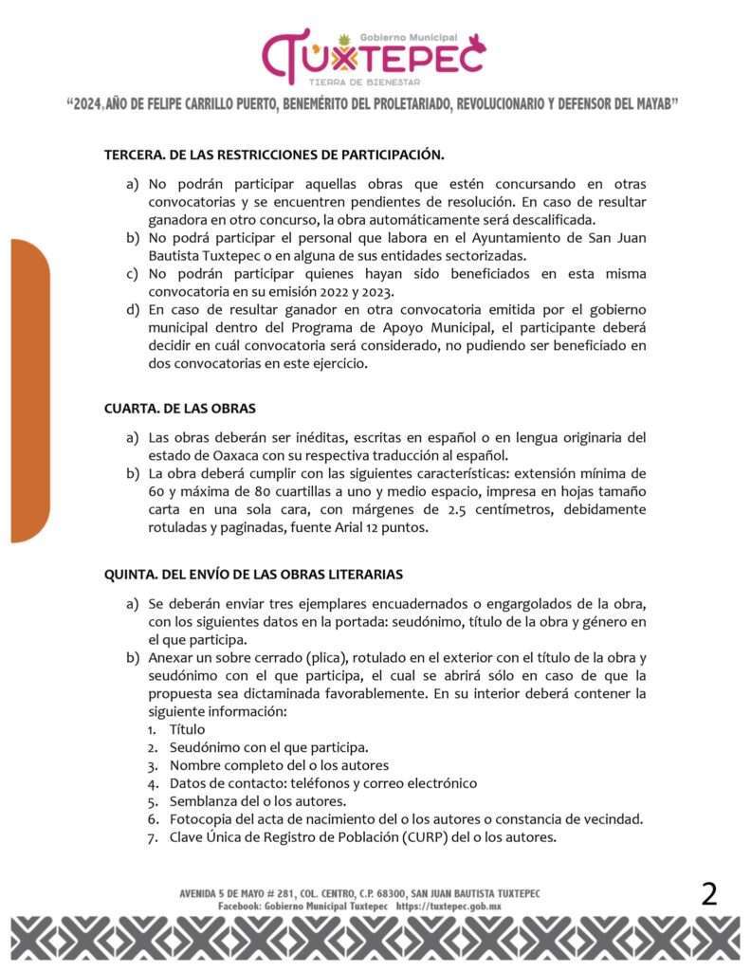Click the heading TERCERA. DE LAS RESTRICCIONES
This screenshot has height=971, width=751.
(274, 153)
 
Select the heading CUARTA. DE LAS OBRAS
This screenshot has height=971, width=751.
(179, 409)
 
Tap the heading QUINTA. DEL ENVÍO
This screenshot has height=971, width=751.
(253, 575)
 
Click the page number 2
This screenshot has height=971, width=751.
(709, 894)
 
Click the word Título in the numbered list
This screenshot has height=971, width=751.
(188, 729)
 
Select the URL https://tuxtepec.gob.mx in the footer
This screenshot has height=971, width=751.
(449, 907)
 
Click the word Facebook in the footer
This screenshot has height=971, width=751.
(238, 907)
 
